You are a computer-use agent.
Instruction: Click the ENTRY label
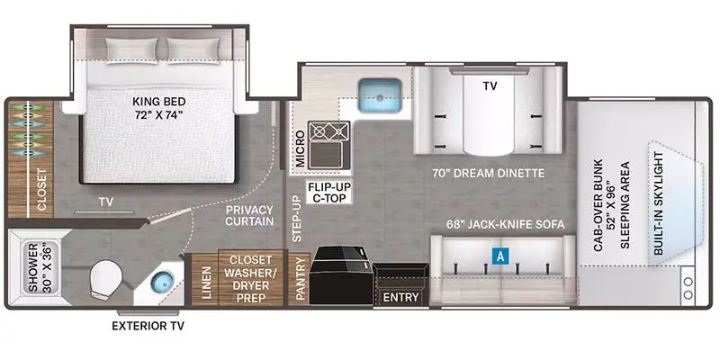400,296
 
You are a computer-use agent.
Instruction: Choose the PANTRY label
300,280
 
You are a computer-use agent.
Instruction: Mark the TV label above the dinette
490,85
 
